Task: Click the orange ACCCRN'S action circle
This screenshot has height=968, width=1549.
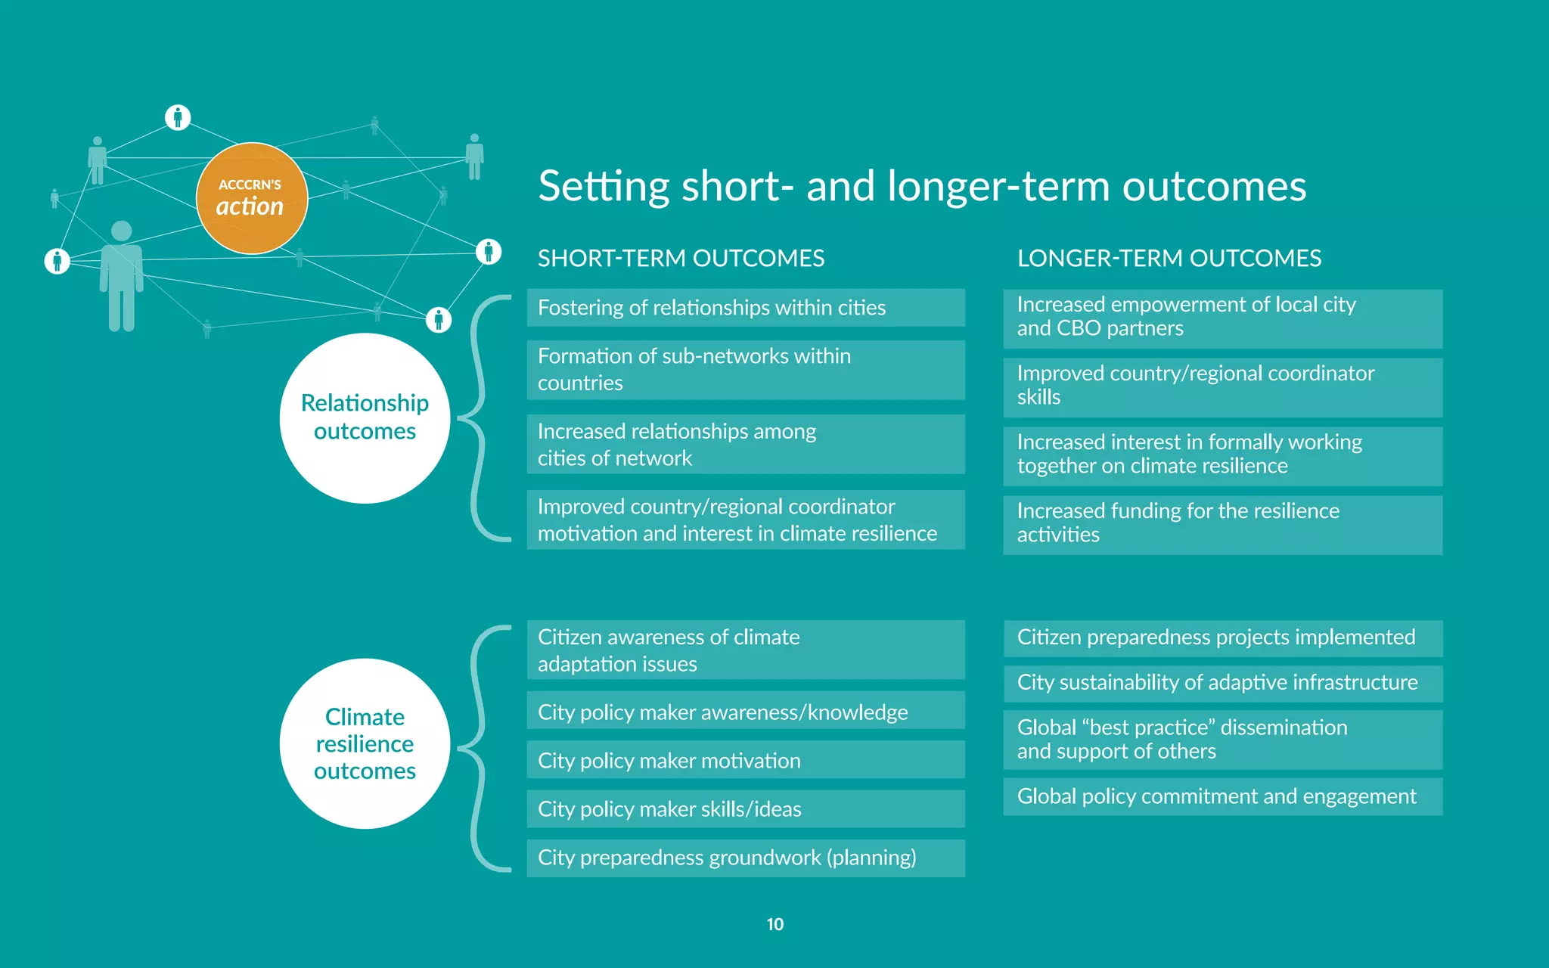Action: pyautogui.click(x=251, y=198)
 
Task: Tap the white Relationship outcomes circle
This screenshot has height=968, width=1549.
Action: pyautogui.click(x=365, y=417)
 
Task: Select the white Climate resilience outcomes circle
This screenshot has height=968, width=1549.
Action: pyautogui.click(x=365, y=743)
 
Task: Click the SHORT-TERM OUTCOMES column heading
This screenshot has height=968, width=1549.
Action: pyautogui.click(x=681, y=259)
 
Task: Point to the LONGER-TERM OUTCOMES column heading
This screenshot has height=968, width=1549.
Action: pyautogui.click(x=1169, y=259)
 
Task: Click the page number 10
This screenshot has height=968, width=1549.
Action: pyautogui.click(x=774, y=924)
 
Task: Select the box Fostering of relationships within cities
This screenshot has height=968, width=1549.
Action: pyautogui.click(x=745, y=308)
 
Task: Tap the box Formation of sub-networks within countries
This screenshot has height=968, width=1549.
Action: pyautogui.click(x=745, y=370)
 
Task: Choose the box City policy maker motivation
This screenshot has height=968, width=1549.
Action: pyautogui.click(x=745, y=760)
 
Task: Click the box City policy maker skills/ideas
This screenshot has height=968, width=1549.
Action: pyautogui.click(x=745, y=808)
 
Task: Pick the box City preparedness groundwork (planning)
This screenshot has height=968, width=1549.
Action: pyautogui.click(x=745, y=858)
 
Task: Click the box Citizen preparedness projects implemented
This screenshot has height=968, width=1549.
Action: pyautogui.click(x=1222, y=638)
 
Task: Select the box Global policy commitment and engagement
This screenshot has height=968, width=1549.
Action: pyautogui.click(x=1222, y=796)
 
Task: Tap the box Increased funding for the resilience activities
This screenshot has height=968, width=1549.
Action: pyautogui.click(x=1222, y=523)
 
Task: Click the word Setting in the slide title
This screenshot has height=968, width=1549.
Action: pyautogui.click(x=604, y=187)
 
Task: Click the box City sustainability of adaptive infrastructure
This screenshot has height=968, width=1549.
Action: pyautogui.click(x=1222, y=683)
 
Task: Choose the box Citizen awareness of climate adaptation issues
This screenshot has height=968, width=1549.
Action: pyautogui.click(x=745, y=650)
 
